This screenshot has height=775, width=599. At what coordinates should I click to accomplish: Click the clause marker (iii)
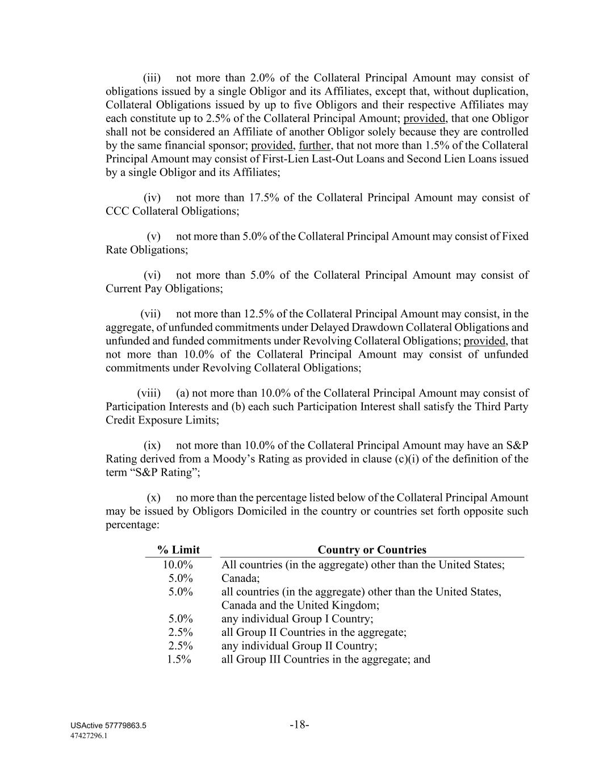[x=152, y=78]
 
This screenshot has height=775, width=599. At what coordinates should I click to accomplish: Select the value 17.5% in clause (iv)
[x=263, y=198]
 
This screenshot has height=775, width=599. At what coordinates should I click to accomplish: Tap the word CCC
[x=117, y=211]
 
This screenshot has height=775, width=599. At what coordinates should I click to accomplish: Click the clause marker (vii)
[x=150, y=313]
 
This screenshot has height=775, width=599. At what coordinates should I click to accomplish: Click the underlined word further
[x=315, y=145]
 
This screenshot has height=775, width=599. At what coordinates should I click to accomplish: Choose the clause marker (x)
[x=153, y=497]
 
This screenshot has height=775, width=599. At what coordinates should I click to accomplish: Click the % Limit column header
[x=178, y=550]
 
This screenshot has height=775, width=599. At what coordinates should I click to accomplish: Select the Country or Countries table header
[x=372, y=550]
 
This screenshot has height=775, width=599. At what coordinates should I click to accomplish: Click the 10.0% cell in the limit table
[x=178, y=565]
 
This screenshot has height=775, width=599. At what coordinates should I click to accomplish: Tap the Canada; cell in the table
[x=240, y=579]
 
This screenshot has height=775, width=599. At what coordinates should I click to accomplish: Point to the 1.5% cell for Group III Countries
[x=179, y=659]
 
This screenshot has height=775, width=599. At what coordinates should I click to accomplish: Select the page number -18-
[x=299, y=724]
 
